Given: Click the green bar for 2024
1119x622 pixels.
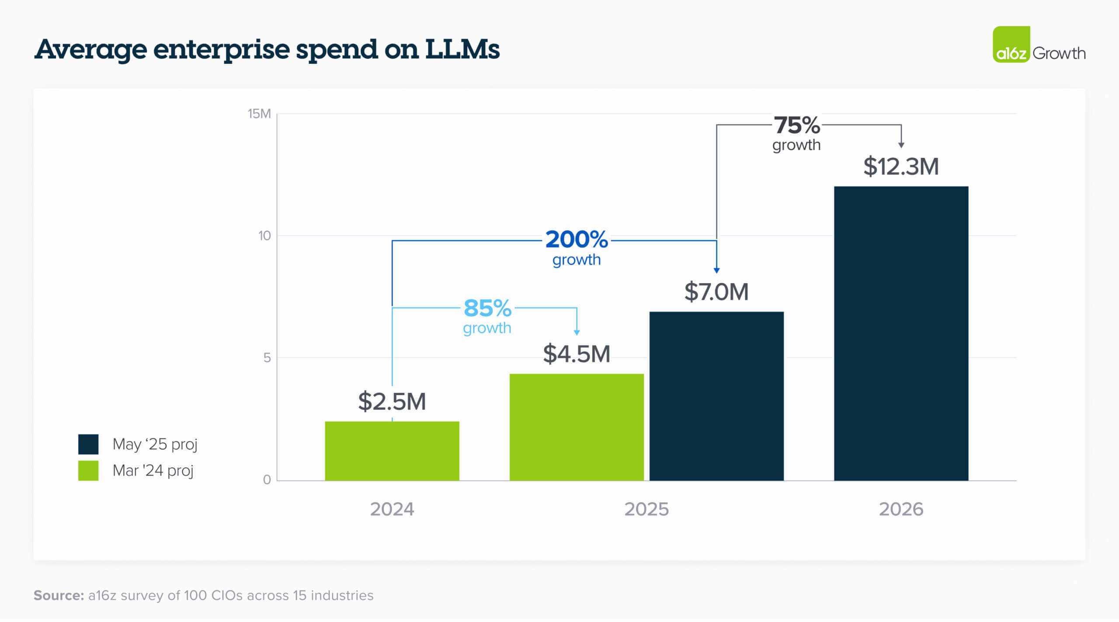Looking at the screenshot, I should pos(392,451).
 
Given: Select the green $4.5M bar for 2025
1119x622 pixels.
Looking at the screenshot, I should pos(576,427).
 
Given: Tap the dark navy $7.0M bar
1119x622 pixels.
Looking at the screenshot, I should pos(716,396).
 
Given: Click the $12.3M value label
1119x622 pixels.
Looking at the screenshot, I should pos(900,167).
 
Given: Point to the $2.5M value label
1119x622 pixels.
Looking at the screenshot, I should pos(392,401).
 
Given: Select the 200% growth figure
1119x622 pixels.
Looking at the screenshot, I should pos(576,240).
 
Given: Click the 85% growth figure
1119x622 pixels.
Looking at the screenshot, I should pos(487,308).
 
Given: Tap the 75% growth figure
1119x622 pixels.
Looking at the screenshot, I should pos(796,125).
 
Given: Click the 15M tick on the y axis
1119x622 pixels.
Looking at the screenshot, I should pos(259,114).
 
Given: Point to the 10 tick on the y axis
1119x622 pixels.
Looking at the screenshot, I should pos(264,236).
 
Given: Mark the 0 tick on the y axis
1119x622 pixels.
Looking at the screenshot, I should pos(267,480).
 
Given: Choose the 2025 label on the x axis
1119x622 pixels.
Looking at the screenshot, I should pos(646,509).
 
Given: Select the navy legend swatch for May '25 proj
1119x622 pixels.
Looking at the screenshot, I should pos(88,444).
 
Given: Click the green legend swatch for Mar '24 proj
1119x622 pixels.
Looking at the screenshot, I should pos(88,471).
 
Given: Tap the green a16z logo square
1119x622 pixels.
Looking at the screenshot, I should pos(1011,45).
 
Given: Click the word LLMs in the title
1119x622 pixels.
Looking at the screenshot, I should pos(462,49).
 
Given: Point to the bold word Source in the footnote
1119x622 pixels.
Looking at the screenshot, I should pos(59,595).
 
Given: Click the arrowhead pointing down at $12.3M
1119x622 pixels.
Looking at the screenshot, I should pos(901,145).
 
